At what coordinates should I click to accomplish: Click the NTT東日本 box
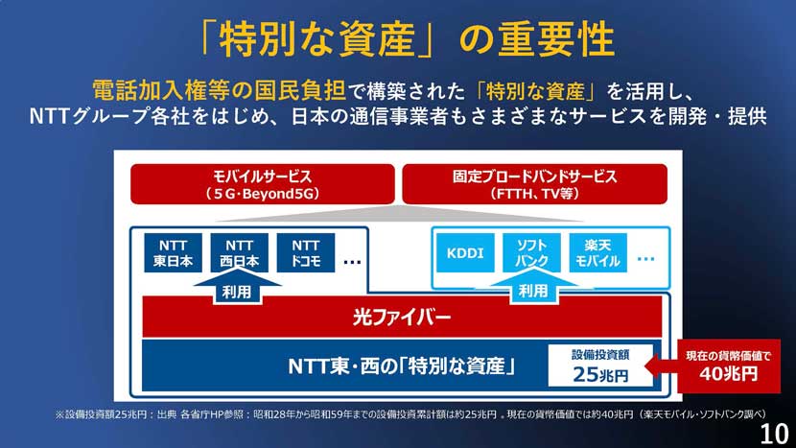tap(174, 253)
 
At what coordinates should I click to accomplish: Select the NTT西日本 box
tap(239, 253)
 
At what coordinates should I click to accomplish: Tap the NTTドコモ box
tap(306, 253)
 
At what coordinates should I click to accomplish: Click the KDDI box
tap(465, 253)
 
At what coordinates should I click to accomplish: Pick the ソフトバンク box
tap(531, 253)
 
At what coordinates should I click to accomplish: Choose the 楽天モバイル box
tap(598, 253)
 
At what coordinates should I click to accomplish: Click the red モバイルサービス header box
tap(263, 184)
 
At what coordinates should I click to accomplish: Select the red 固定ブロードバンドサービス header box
tap(534, 184)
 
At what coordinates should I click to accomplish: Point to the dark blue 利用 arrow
tap(237, 288)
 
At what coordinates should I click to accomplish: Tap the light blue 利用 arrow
tap(533, 287)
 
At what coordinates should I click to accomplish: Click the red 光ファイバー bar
tap(402, 318)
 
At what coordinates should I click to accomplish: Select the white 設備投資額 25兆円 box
tap(600, 365)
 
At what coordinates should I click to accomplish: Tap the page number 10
tap(774, 435)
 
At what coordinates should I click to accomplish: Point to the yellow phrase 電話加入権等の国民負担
tap(219, 91)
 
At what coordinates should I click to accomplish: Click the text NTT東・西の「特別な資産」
tap(402, 366)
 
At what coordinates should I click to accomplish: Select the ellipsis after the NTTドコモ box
tap(352, 262)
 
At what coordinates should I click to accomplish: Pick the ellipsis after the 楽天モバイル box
tap(645, 259)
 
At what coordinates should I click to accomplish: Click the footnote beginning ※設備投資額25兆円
tap(410, 414)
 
